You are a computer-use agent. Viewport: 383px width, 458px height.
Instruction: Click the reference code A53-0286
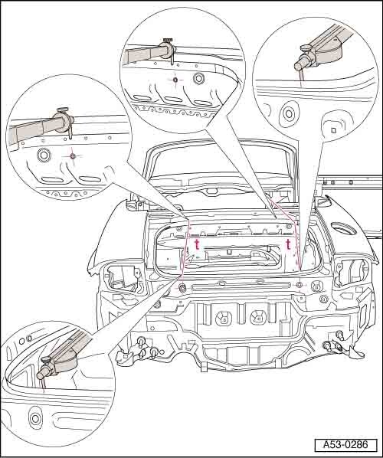coord(345,445)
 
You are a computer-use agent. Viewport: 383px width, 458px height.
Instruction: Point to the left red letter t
coord(197,245)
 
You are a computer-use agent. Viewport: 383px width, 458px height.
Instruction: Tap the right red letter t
coord(288,244)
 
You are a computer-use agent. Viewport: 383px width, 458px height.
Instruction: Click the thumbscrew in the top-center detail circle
coord(168,40)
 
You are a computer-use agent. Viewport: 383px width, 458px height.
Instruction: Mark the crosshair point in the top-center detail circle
coord(175,80)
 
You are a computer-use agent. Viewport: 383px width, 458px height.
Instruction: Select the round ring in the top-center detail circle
coord(199,79)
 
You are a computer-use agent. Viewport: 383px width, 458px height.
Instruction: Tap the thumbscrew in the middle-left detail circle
coord(63,110)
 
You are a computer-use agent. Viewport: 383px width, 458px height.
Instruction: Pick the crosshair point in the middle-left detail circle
coord(72,156)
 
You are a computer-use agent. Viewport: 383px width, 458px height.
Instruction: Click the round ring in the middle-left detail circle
coord(44,155)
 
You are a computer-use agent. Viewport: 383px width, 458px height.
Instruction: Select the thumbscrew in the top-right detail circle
coord(305,47)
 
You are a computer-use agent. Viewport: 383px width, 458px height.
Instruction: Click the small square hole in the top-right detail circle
coord(334,130)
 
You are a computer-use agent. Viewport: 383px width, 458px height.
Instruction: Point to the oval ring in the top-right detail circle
coord(289,114)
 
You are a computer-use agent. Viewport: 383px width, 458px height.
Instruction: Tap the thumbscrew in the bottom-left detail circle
coord(45,359)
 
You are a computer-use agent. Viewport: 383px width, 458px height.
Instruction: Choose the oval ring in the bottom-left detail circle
coord(35,418)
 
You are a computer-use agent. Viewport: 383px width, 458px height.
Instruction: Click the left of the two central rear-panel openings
coord(224,318)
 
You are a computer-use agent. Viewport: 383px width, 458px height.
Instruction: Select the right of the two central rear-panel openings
coord(258,318)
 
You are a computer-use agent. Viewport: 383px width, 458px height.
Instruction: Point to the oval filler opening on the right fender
coord(344,228)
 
